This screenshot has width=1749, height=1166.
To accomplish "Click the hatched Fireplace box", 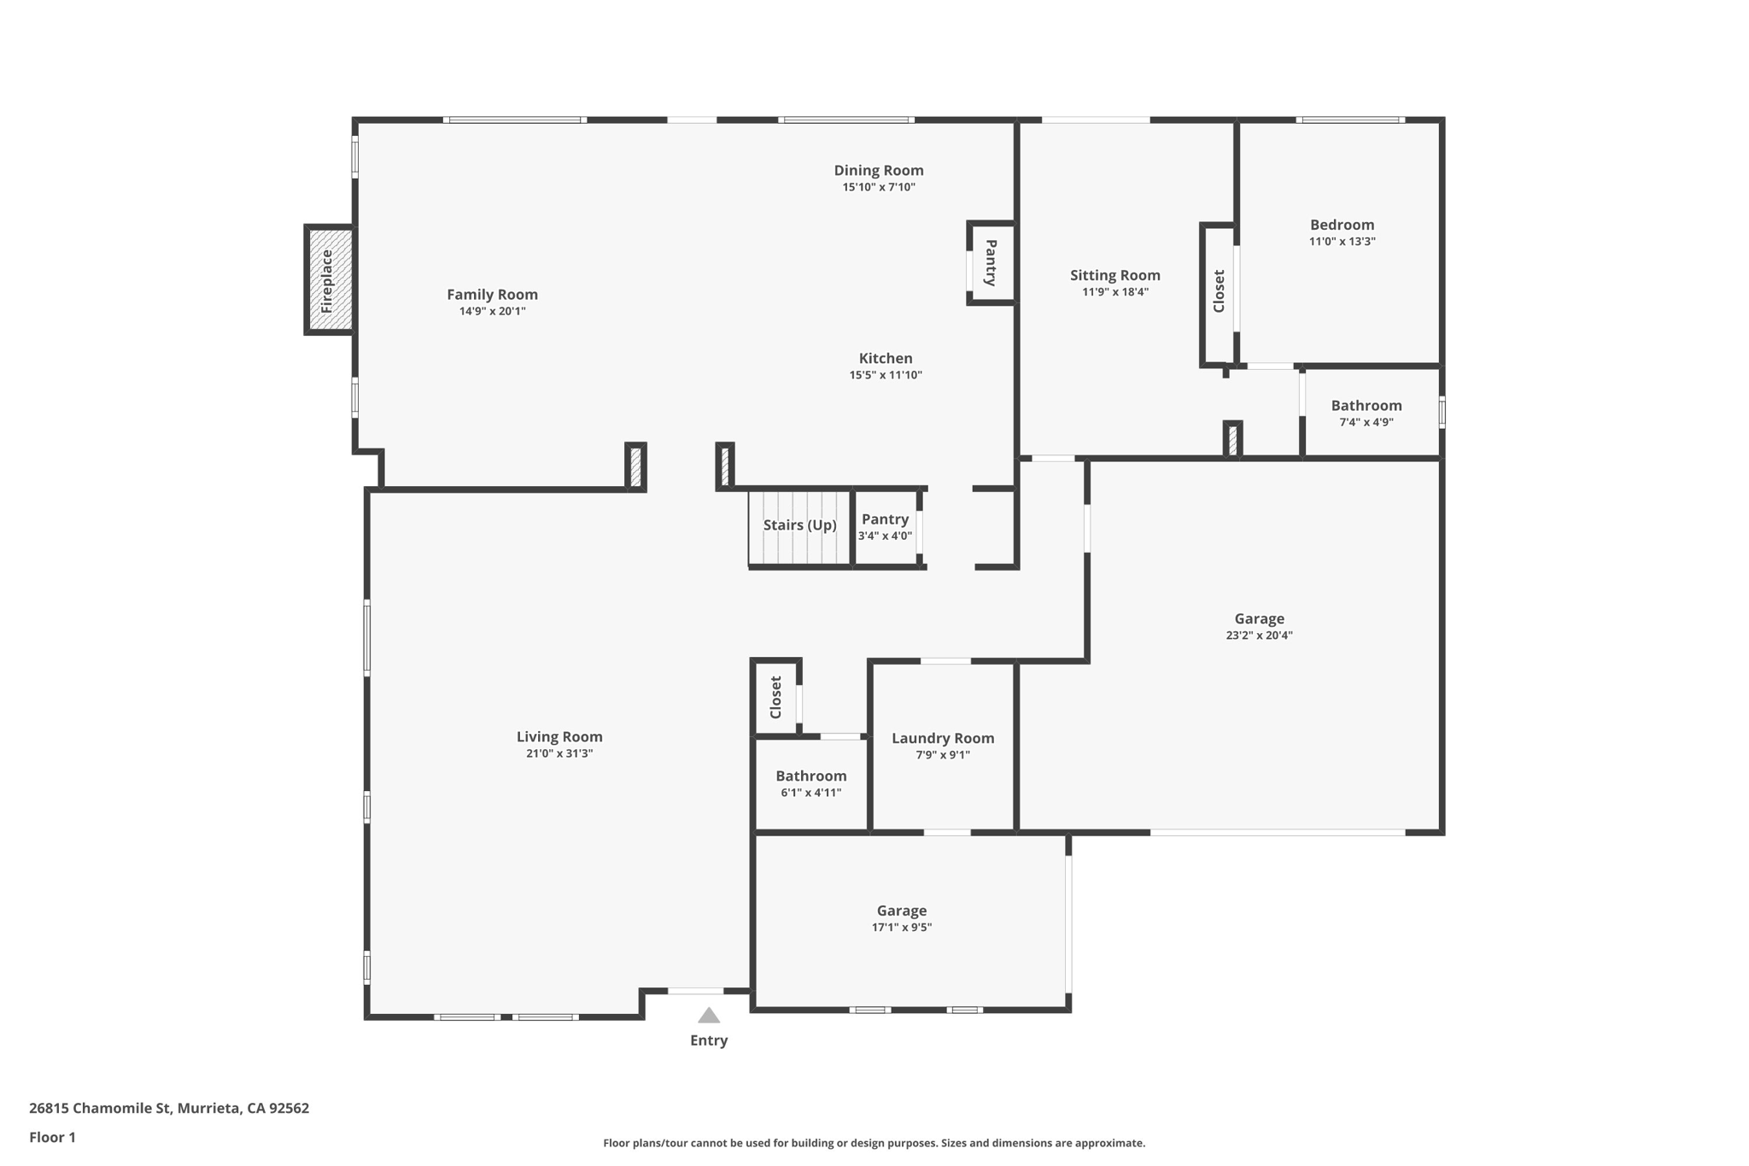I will click(x=330, y=279).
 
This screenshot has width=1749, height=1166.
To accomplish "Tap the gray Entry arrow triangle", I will click(x=709, y=1016).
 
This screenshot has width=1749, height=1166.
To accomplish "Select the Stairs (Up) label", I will click(x=799, y=524).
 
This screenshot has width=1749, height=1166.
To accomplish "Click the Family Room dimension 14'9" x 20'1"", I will click(x=492, y=311).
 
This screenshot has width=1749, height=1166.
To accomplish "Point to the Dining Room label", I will click(x=879, y=171).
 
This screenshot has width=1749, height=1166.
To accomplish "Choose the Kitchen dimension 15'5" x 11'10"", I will click(x=886, y=375).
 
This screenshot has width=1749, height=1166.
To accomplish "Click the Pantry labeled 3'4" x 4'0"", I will click(x=885, y=527).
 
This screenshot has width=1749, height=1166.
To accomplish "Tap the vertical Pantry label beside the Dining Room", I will click(x=991, y=263).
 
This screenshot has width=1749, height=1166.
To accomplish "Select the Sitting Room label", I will click(x=1114, y=275).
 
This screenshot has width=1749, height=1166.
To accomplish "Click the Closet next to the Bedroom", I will click(x=1219, y=291).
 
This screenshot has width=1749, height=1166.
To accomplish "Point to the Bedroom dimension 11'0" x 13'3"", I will click(x=1342, y=242).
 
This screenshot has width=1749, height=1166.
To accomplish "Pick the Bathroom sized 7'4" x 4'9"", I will click(x=1366, y=413).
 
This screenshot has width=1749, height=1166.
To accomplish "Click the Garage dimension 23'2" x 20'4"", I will click(x=1259, y=636).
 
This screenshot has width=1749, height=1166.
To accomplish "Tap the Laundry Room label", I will click(x=943, y=738).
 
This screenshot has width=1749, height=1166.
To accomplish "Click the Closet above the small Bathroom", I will click(x=775, y=697).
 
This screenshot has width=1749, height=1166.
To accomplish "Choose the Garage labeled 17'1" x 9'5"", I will click(x=901, y=918).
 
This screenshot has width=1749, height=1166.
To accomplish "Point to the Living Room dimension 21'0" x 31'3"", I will click(x=559, y=753).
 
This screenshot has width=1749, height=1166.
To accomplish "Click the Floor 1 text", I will click(x=52, y=1137).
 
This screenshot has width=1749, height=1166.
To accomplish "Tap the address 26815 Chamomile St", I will click(x=169, y=1108).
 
